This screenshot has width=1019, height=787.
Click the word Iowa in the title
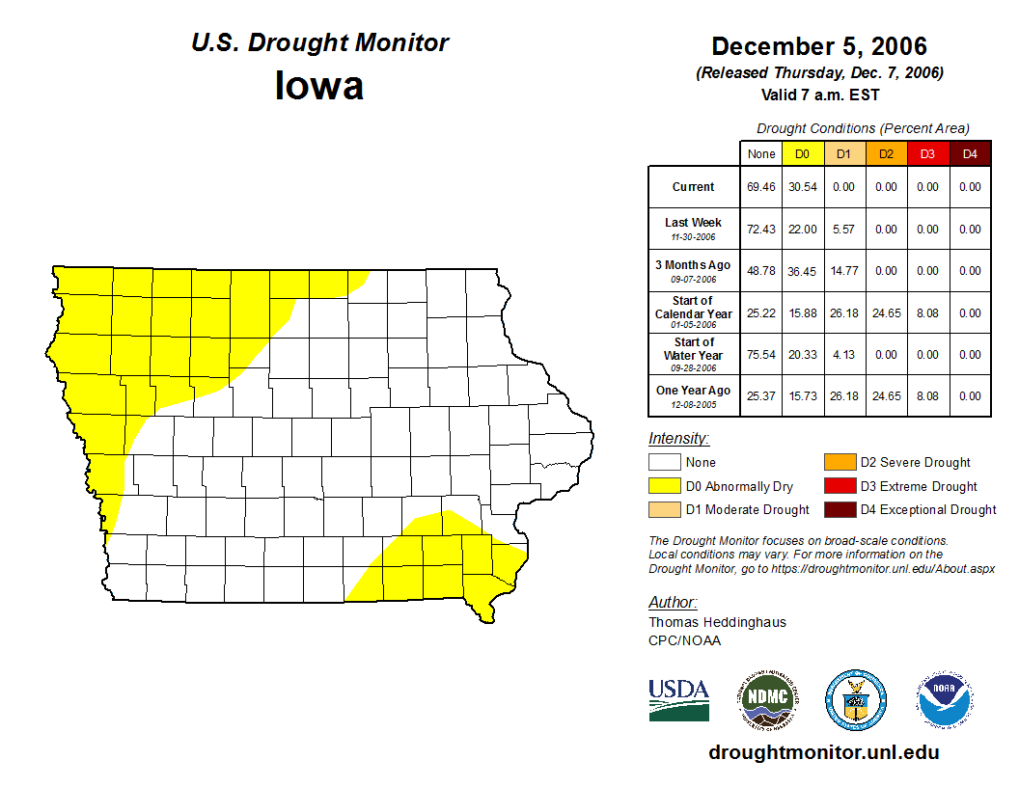coord(319,86)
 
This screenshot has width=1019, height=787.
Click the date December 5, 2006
coord(818,46)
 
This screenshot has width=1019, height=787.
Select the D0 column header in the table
coord(802,154)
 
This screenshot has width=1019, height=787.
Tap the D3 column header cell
coord(927,154)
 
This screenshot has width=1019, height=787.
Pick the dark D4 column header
coord(970,154)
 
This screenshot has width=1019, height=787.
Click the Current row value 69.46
coord(760,187)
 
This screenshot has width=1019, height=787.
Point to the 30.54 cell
coord(802,187)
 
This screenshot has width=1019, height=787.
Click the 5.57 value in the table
coord(843,230)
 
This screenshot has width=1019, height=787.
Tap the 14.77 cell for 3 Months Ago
coord(843,272)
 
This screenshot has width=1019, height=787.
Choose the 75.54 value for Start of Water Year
coord(760,355)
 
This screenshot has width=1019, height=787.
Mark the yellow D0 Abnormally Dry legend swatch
coord(665,486)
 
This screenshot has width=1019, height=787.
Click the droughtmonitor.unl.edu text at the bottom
coord(823,752)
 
